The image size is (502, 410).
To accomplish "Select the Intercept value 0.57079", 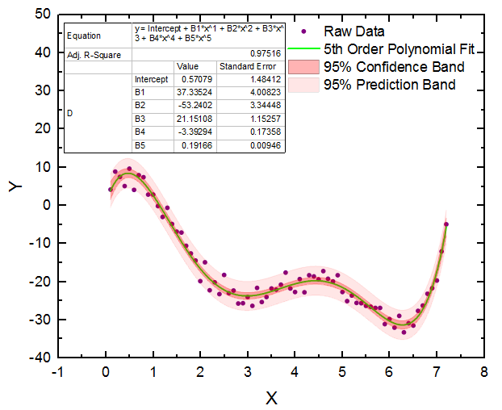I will pyautogui.click(x=195, y=80).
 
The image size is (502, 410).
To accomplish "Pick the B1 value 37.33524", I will pyautogui.click(x=195, y=93).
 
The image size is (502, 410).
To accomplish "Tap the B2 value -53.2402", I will pyautogui.click(x=195, y=106).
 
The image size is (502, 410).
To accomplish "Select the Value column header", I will pyautogui.click(x=187, y=67).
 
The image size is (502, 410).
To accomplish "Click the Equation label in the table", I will pyautogui.click(x=85, y=36).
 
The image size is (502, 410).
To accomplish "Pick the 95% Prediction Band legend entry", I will pyautogui.click(x=389, y=84).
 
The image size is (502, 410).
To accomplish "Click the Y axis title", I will pyautogui.click(x=15, y=186).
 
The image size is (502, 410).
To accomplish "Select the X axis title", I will pyautogui.click(x=271, y=398).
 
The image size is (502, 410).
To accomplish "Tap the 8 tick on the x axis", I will pyautogui.click(x=483, y=372).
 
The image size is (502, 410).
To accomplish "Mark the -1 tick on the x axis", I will pyautogui.click(x=57, y=372).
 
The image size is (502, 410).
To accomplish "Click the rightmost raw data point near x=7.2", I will pyautogui.click(x=446, y=224).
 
